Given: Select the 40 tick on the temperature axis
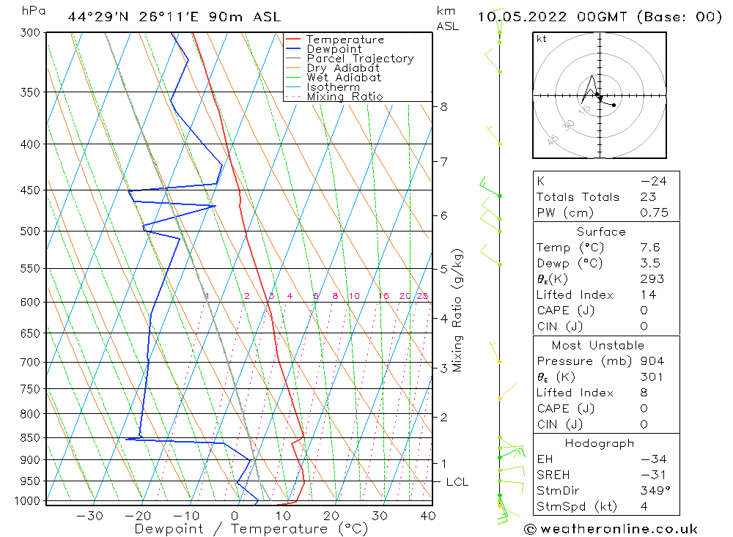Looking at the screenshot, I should [428, 516].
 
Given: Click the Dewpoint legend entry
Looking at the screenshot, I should [334, 49].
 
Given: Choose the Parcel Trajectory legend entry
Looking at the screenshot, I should [359, 59].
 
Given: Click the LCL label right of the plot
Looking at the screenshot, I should [457, 482].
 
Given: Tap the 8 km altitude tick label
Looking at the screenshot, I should [443, 107].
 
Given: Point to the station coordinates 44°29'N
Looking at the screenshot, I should [97, 16].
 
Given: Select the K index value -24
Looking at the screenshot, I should [652, 181].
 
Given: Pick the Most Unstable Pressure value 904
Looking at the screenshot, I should [652, 361].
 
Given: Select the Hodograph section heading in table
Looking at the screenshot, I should [600, 443].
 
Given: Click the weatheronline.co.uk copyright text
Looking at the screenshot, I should [611, 529].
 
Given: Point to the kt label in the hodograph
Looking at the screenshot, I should [541, 39].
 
